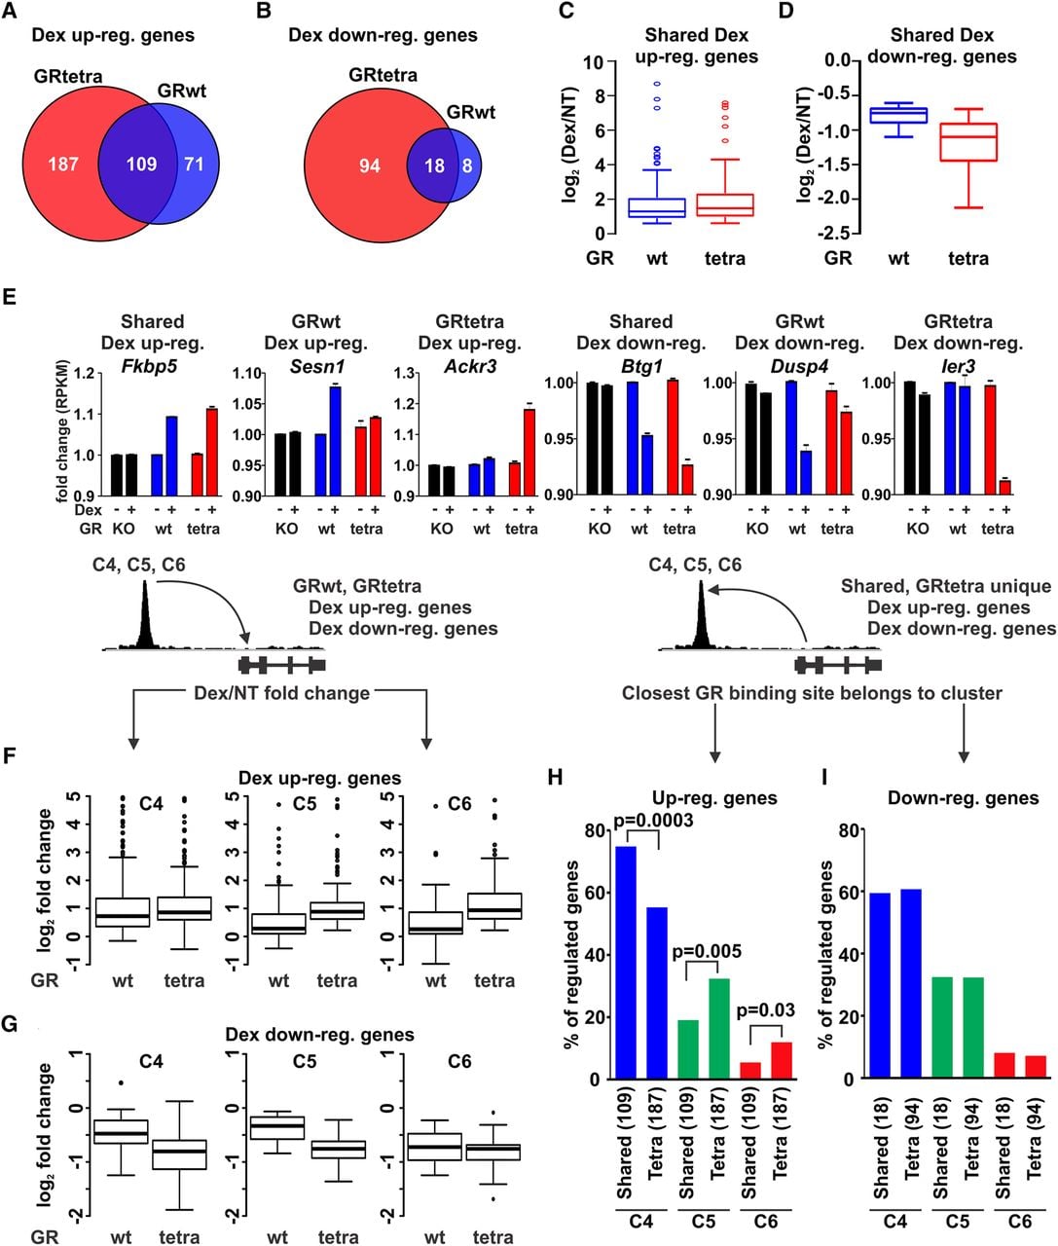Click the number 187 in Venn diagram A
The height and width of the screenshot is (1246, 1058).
click(x=63, y=164)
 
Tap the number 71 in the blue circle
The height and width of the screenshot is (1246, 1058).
click(x=194, y=164)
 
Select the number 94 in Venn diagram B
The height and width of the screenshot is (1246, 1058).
click(x=370, y=165)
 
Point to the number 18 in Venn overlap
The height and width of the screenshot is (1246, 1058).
click(x=434, y=165)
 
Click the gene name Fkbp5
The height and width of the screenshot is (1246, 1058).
click(x=150, y=366)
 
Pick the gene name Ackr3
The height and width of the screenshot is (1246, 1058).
click(x=470, y=366)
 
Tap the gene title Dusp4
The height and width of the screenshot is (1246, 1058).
click(x=799, y=366)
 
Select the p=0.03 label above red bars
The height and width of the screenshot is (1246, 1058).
click(x=766, y=1009)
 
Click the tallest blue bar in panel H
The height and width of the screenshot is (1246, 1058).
click(x=626, y=963)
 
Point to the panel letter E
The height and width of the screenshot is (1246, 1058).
click(x=9, y=297)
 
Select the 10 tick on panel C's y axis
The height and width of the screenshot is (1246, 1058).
click(x=595, y=62)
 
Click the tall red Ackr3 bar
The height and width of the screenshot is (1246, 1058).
click(x=529, y=452)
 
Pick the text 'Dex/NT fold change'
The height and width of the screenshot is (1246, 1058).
click(x=281, y=693)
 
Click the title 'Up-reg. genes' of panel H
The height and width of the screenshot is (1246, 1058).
click(x=715, y=798)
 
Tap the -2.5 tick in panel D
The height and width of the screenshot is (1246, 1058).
click(x=832, y=233)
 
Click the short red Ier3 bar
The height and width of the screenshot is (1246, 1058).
click(x=1004, y=487)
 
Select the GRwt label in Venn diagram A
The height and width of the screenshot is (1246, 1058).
click(x=181, y=92)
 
